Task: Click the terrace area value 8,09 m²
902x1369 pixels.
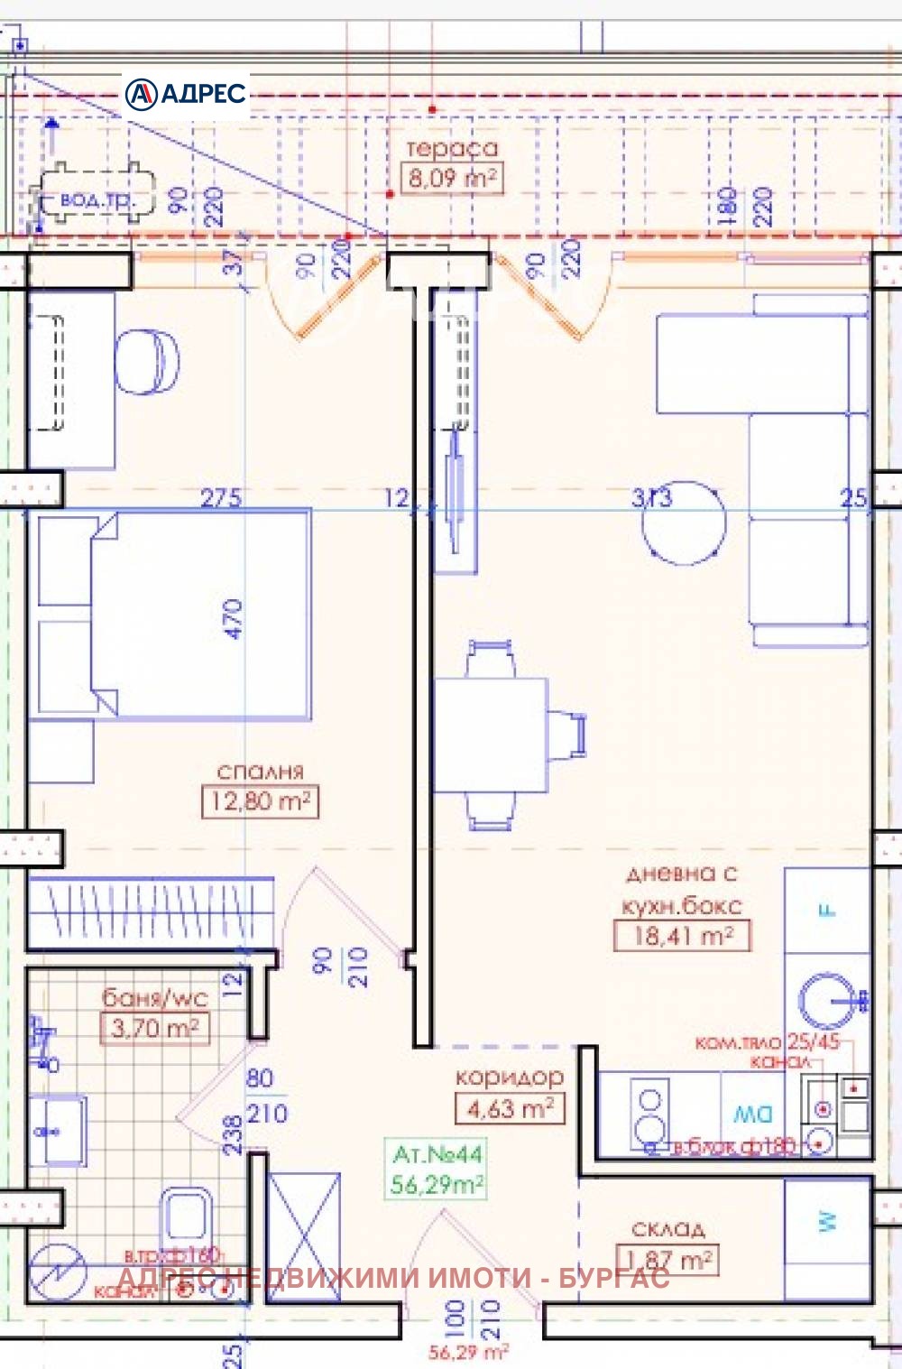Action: tap(451, 178)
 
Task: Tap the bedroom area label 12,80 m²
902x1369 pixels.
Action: tap(260, 801)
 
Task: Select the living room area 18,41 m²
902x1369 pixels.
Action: tap(681, 936)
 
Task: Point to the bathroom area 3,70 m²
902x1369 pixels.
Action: tap(154, 1028)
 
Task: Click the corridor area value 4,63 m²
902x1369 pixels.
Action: tap(510, 1108)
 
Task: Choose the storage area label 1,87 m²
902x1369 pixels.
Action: tap(667, 1260)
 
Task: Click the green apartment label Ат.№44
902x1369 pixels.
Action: tap(437, 1154)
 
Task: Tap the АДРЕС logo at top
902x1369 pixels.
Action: tap(186, 94)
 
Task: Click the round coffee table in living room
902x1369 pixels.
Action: tap(684, 524)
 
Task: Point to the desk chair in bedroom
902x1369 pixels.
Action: tap(146, 362)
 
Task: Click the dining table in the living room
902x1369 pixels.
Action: tap(491, 735)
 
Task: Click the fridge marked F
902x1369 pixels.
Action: tap(826, 910)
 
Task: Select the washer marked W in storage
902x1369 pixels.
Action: tap(827, 1221)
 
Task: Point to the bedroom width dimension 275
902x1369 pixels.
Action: tap(221, 497)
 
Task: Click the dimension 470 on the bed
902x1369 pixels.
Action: tap(233, 619)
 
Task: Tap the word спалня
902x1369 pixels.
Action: tap(260, 772)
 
